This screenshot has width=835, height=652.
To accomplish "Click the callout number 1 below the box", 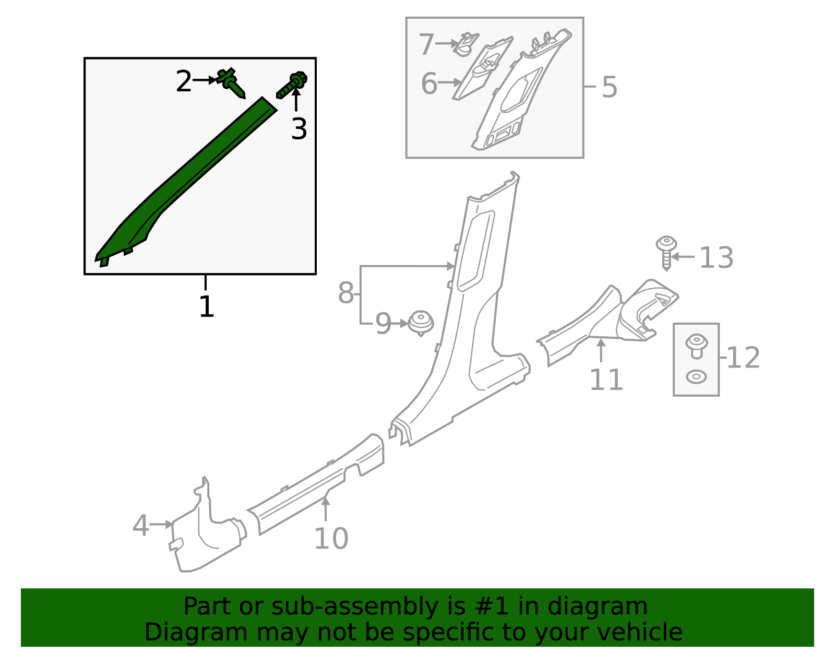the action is coord(207,306).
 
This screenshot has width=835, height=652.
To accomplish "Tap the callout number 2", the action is coord(183,81).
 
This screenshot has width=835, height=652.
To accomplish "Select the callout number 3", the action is coord(299,128).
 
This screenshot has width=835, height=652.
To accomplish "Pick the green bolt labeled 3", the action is coord(293,85).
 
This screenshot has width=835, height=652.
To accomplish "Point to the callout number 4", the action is coord(140,525).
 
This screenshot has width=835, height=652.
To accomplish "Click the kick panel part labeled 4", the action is coord(206,538).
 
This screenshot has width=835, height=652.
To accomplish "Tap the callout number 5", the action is coord(609,87).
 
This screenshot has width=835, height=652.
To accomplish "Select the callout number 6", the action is coord(429,84).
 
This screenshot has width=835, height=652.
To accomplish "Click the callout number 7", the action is coord(426,44).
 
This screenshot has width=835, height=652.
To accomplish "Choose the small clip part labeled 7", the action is coord(465,44).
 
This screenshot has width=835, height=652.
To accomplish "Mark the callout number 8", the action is coord(345,293).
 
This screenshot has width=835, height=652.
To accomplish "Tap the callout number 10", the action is coord(331,538).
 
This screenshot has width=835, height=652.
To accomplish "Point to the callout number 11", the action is coord(606,380).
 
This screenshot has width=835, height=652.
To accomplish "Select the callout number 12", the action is coord(743,358).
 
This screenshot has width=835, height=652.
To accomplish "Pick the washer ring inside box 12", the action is coord(696,376).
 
